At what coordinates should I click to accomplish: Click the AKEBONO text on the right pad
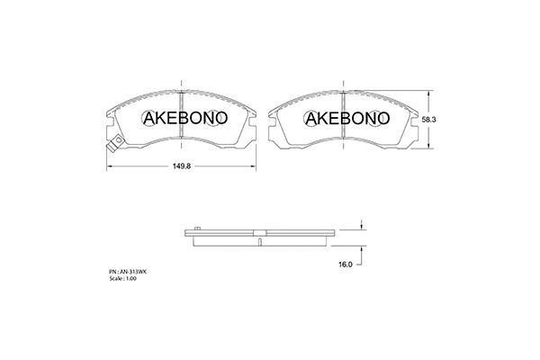pyautogui.click(x=346, y=118)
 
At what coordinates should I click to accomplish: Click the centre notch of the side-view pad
pyautogui.click(x=258, y=238)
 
